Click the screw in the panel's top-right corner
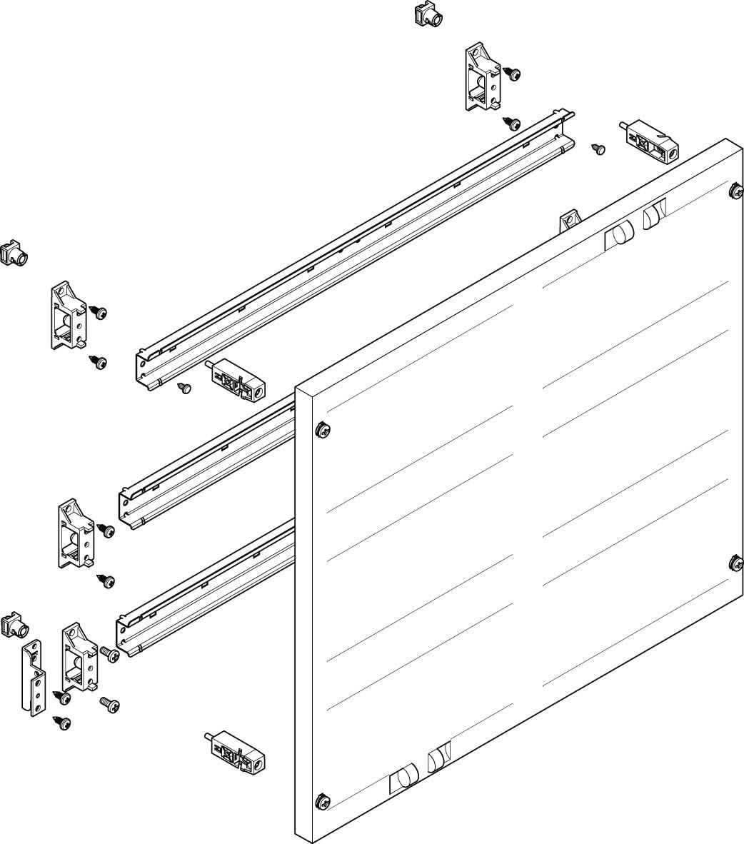pyautogui.click(x=735, y=191)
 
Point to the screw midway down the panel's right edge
pyautogui.click(x=736, y=564)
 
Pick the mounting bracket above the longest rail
pyautogui.click(x=483, y=79)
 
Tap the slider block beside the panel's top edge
pyautogui.click(x=650, y=142)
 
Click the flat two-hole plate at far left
pyautogui.click(x=33, y=675)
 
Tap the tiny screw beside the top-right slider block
pyautogui.click(x=599, y=149)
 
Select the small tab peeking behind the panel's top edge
pyautogui.click(x=569, y=221)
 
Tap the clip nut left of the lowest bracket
pyautogui.click(x=14, y=624)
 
